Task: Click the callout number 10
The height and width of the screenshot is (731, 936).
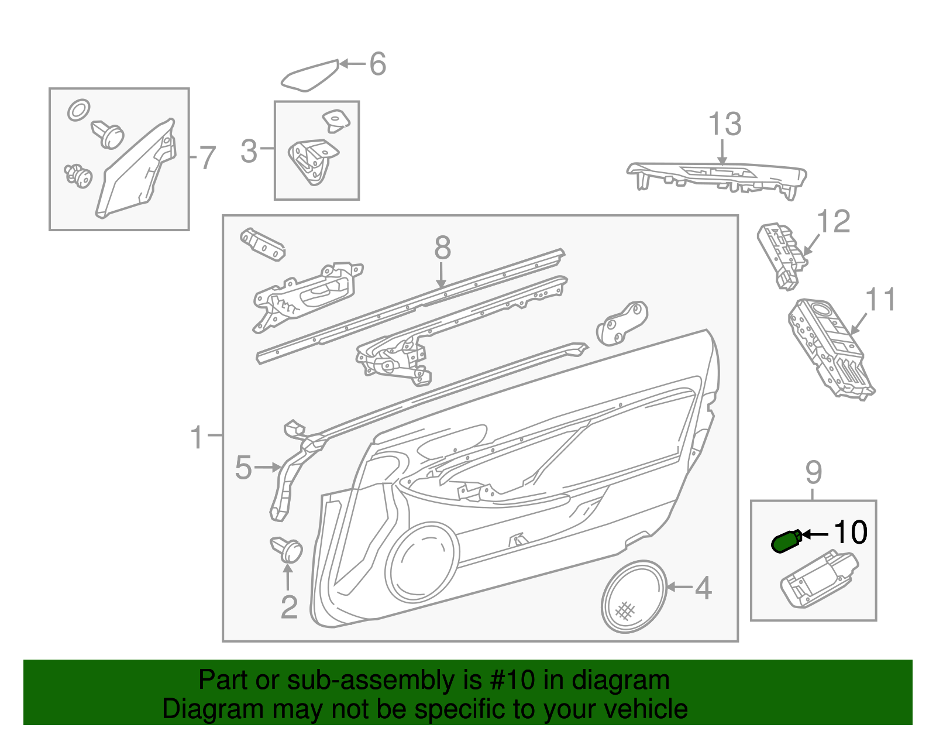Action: point(851,533)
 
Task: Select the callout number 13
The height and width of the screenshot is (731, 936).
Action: point(725,125)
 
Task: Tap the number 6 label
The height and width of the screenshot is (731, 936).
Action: point(378,64)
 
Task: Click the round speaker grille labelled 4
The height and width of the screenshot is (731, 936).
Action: point(634,596)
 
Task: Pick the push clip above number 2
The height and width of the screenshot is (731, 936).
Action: point(288,550)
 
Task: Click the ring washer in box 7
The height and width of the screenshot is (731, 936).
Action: point(78,110)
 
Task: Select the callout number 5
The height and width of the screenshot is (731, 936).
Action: point(243,468)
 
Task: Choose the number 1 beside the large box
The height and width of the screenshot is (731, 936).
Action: point(198,437)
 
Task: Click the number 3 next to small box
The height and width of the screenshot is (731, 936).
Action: point(249,151)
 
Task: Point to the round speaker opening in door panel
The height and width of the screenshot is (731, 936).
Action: point(422,562)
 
